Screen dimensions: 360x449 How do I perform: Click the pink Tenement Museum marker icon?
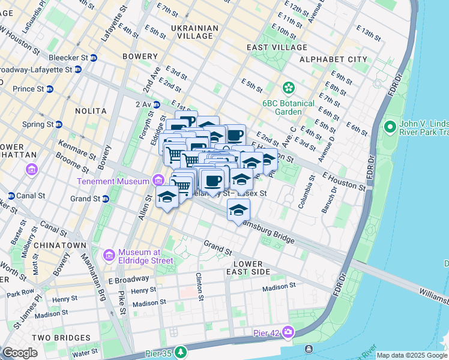(158, 180)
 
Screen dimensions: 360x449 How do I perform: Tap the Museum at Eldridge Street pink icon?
(109, 255)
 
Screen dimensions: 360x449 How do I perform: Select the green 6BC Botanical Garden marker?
(289, 88)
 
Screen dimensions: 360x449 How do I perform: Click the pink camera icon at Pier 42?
(289, 332)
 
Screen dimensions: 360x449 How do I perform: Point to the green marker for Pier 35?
(178, 350)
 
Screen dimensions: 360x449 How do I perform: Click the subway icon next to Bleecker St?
(94, 58)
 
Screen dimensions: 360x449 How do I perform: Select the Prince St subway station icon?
(49, 89)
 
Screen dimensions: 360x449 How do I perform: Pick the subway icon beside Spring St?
(59, 124)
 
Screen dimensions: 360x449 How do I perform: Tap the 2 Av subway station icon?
(156, 104)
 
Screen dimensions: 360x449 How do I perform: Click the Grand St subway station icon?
(105, 199)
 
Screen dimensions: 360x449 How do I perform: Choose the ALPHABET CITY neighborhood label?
(333, 59)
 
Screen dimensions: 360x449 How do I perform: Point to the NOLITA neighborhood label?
(91, 111)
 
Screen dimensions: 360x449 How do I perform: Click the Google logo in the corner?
(20, 353)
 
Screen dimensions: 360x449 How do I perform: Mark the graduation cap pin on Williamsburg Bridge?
(238, 210)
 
